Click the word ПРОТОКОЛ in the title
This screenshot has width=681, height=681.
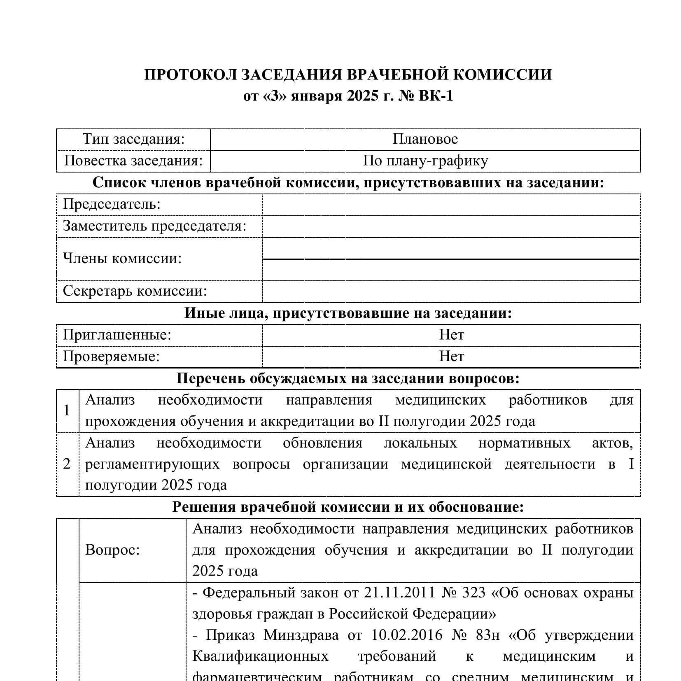pos(190,75)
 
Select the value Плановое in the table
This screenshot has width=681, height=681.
pos(425,139)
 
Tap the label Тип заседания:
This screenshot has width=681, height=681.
pos(133,139)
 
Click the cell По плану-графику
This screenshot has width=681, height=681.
pos(425,161)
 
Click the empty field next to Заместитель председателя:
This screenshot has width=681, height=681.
pos(451,226)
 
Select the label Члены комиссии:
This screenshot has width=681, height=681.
pos(122,259)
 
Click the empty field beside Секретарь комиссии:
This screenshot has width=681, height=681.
pos(451,292)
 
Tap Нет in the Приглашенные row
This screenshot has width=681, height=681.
pos(451,335)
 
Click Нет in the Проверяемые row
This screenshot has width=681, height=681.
pos(451,356)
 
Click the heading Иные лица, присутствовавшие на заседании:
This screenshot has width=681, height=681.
pos(348,313)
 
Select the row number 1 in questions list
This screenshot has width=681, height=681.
pos(67,410)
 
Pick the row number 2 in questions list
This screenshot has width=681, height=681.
pos(67,464)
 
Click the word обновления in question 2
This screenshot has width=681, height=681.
pos(322,443)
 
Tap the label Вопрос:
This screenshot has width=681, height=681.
pos(112,550)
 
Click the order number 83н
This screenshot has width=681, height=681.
pos(487,635)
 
